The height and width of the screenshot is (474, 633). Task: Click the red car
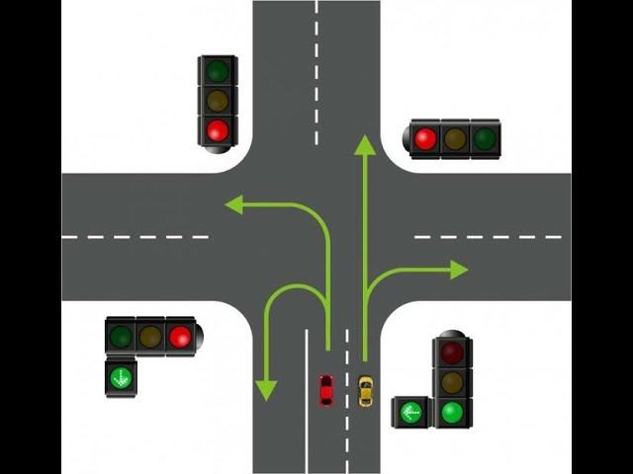pos(325,390)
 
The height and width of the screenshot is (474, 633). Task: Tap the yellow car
pos(366,391)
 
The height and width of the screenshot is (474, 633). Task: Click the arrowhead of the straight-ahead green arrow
pos(365,146)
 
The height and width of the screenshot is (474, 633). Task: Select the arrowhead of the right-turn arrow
pos(459,270)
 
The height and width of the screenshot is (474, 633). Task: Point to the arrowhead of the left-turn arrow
pos(234,204)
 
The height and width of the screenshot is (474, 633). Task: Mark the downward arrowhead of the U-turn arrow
pos(265,390)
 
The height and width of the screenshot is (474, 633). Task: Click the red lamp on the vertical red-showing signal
pos(218,129)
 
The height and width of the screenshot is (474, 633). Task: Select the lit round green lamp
pos(452,411)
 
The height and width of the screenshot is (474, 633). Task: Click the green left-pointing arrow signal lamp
pos(410,412)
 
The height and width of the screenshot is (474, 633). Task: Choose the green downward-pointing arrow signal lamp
pos(121,376)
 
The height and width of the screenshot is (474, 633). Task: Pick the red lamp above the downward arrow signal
pos(179,336)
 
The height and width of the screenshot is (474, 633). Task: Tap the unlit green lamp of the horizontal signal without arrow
pos(484,138)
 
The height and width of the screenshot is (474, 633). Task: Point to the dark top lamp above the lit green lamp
pos(452,353)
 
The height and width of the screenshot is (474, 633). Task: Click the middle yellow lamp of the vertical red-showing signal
pos(218,101)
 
